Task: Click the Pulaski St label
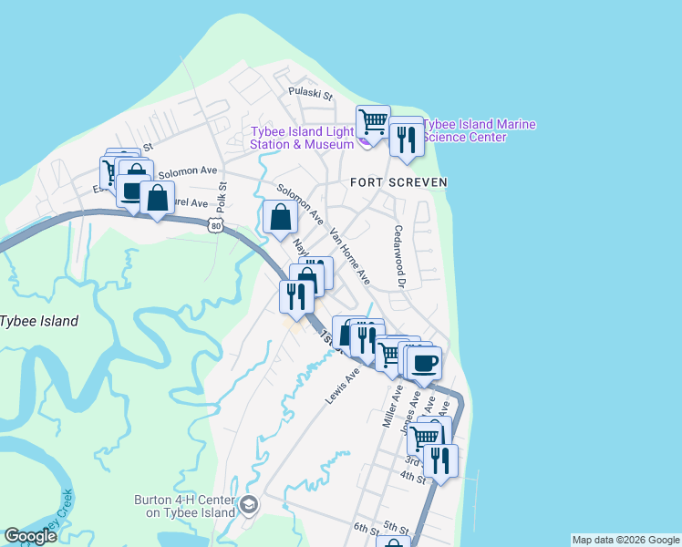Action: click(311, 93)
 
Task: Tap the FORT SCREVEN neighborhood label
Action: click(399, 182)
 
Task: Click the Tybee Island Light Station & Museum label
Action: click(303, 138)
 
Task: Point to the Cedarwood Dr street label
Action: click(398, 256)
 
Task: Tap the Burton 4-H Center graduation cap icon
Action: click(248, 505)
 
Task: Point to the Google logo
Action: click(30, 536)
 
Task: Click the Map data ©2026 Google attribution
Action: click(625, 540)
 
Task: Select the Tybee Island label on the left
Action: click(38, 321)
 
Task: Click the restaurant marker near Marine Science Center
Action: click(404, 139)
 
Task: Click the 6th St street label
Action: click(366, 530)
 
